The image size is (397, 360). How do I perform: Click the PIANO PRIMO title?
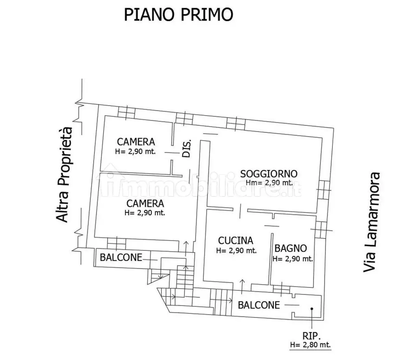pos(178,15)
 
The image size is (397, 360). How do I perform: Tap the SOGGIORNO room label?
pos(268,174)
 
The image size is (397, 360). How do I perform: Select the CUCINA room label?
pos(236,241)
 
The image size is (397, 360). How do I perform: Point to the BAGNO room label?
pos(290,248)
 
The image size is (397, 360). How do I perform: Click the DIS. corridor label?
pos(187,148)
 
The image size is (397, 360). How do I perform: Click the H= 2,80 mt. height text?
pos(310,345)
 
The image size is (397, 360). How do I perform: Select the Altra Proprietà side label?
pos(65,175)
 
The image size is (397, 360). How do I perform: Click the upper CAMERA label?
pos(136,142)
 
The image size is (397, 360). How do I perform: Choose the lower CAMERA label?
pos(145,203)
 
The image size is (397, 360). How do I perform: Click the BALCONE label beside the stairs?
pos(121,257)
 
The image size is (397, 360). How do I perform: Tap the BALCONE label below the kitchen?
pos(259,305)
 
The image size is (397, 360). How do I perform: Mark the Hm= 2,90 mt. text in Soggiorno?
pos(268,182)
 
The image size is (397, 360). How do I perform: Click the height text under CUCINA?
pos(236,251)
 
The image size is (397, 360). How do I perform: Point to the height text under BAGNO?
pos(292,259)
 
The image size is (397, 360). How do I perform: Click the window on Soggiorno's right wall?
pos(323,190)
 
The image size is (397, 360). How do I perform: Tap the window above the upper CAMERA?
pos(126,111)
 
